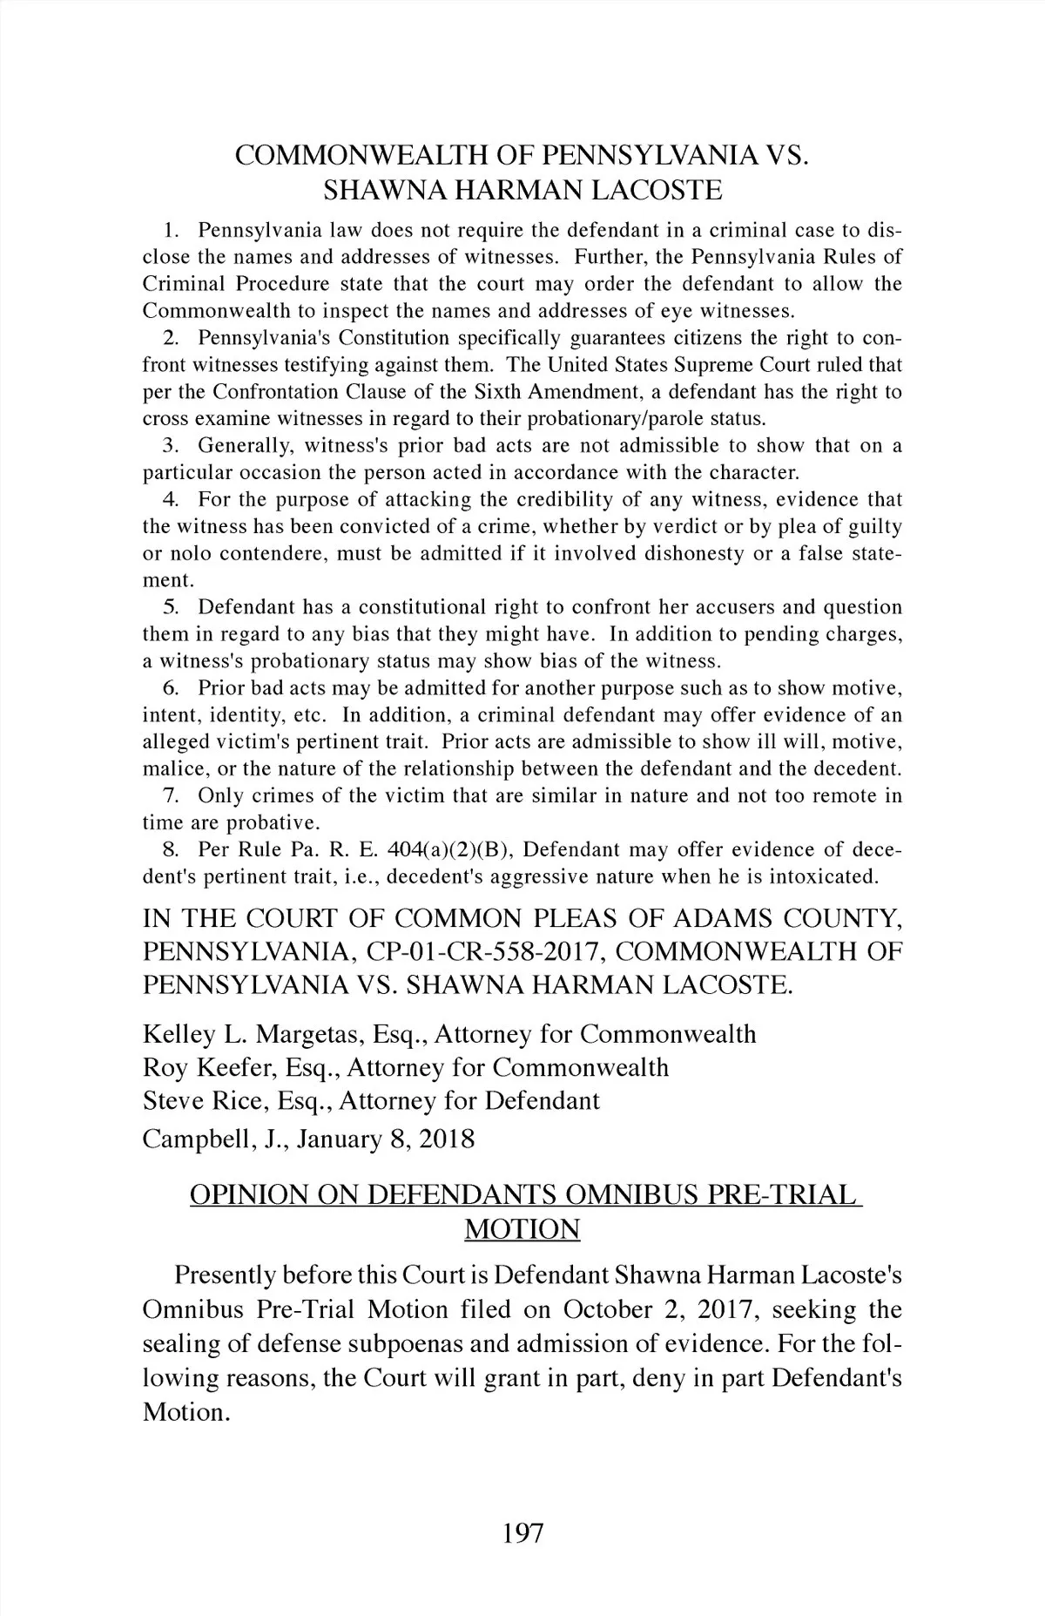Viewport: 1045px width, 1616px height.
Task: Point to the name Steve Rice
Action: (202, 1100)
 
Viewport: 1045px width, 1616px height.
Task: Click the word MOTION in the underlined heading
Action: (522, 1229)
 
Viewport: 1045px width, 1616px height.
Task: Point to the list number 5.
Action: (171, 607)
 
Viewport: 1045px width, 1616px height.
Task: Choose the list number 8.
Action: (171, 849)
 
